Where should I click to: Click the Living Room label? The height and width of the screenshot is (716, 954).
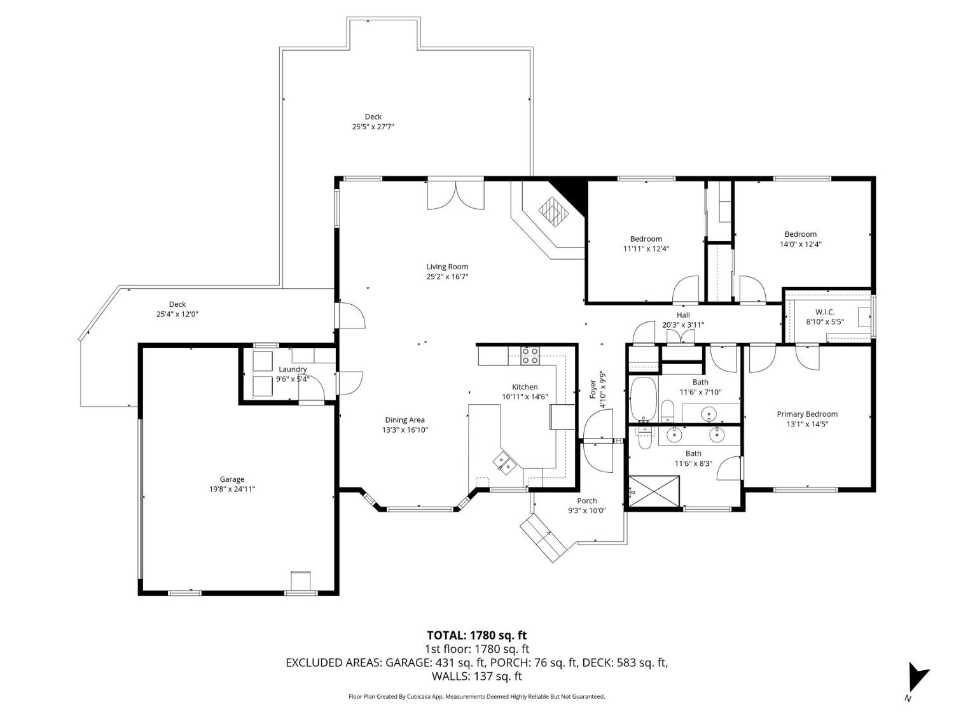[x=447, y=267]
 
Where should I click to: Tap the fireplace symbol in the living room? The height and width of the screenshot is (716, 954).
[x=551, y=211]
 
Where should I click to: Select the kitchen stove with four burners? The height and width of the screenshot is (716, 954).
[x=530, y=355]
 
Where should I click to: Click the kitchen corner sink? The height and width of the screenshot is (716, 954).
[x=506, y=461]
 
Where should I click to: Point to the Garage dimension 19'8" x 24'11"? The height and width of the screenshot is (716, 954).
[x=232, y=489]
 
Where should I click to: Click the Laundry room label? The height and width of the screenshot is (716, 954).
[x=293, y=369]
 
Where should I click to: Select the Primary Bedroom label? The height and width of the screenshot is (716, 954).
[x=807, y=414]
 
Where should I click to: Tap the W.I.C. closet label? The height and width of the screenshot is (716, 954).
[x=825, y=312]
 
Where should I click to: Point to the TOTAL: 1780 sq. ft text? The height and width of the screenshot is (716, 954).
[x=476, y=635]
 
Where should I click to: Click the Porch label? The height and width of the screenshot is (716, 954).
[x=586, y=501]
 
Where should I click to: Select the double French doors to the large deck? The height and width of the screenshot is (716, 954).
[x=456, y=195]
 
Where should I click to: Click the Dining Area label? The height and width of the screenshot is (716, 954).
[x=404, y=419]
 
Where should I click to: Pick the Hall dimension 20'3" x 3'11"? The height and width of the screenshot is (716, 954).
[x=682, y=325]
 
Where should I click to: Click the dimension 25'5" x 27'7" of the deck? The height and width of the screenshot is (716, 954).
[x=373, y=127]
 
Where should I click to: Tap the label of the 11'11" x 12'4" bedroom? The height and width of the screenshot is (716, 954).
[x=646, y=239]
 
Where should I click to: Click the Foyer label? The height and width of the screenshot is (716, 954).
[x=593, y=390]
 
